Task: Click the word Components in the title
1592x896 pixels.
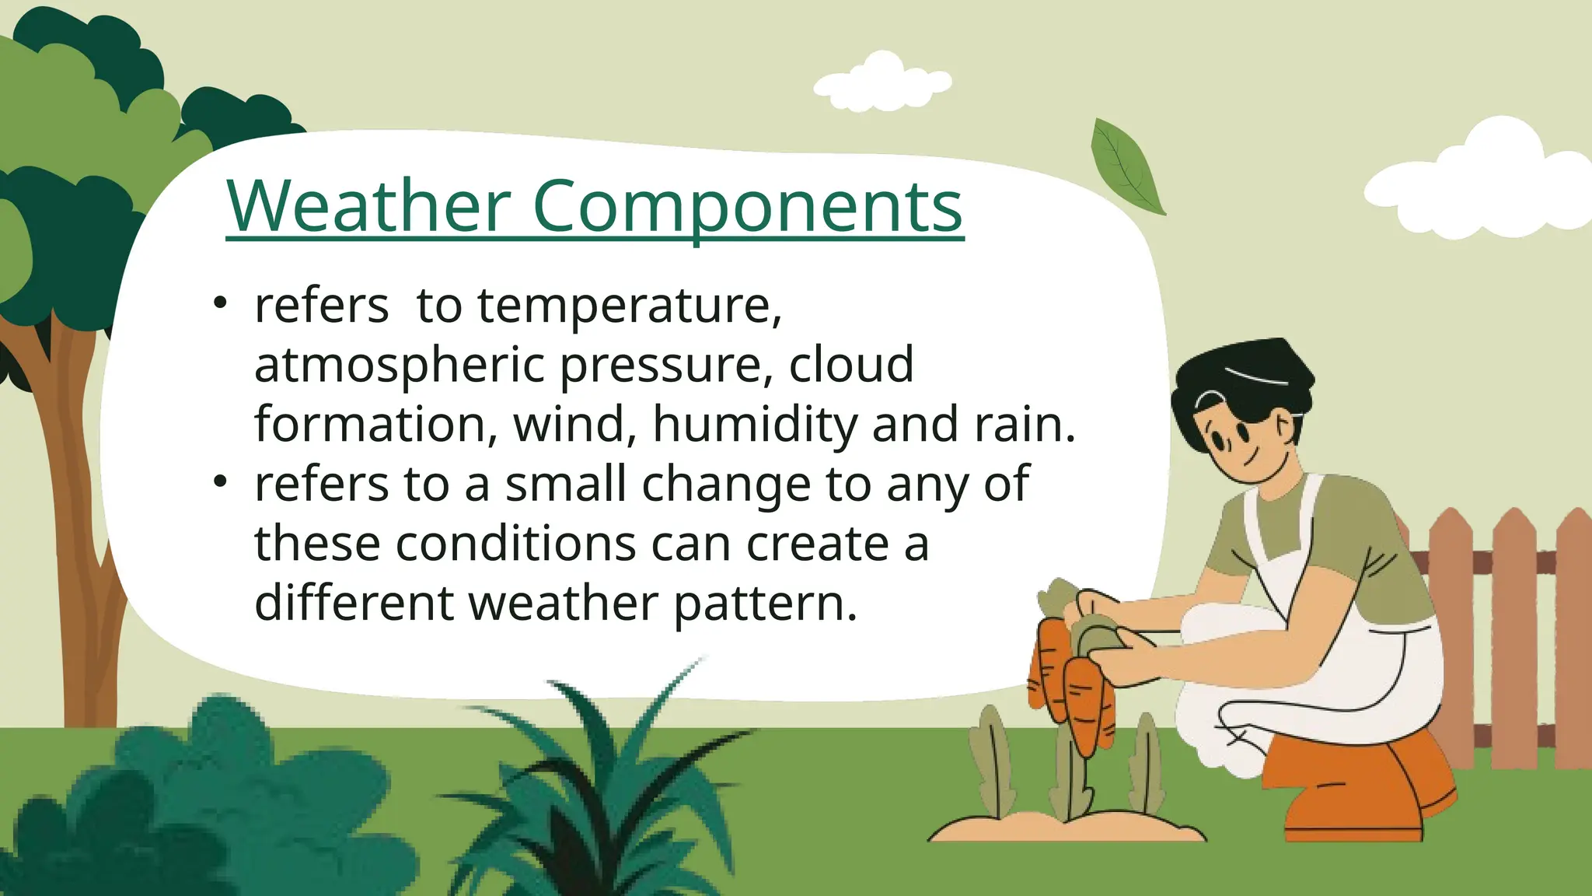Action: click(747, 207)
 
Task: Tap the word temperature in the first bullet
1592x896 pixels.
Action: click(630, 305)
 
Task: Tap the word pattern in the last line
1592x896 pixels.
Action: click(765, 603)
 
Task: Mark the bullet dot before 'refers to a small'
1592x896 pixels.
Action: click(221, 481)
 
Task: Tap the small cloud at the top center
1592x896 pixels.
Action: click(883, 82)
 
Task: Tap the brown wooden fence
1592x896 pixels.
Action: click(1508, 622)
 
